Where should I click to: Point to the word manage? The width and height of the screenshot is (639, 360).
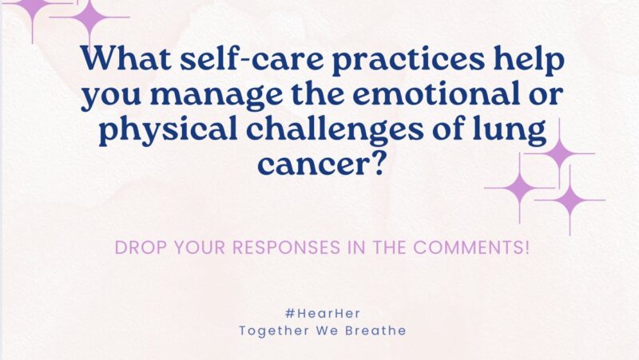tap(220, 96)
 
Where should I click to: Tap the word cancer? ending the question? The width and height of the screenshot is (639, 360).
tap(319, 164)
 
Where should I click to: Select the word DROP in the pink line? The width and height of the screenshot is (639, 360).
tap(141, 247)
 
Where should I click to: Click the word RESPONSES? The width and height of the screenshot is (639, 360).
tap(271, 247)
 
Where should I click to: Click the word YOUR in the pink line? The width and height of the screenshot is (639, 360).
tap(195, 247)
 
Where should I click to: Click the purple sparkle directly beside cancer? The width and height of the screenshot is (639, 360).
tap(520, 188)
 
